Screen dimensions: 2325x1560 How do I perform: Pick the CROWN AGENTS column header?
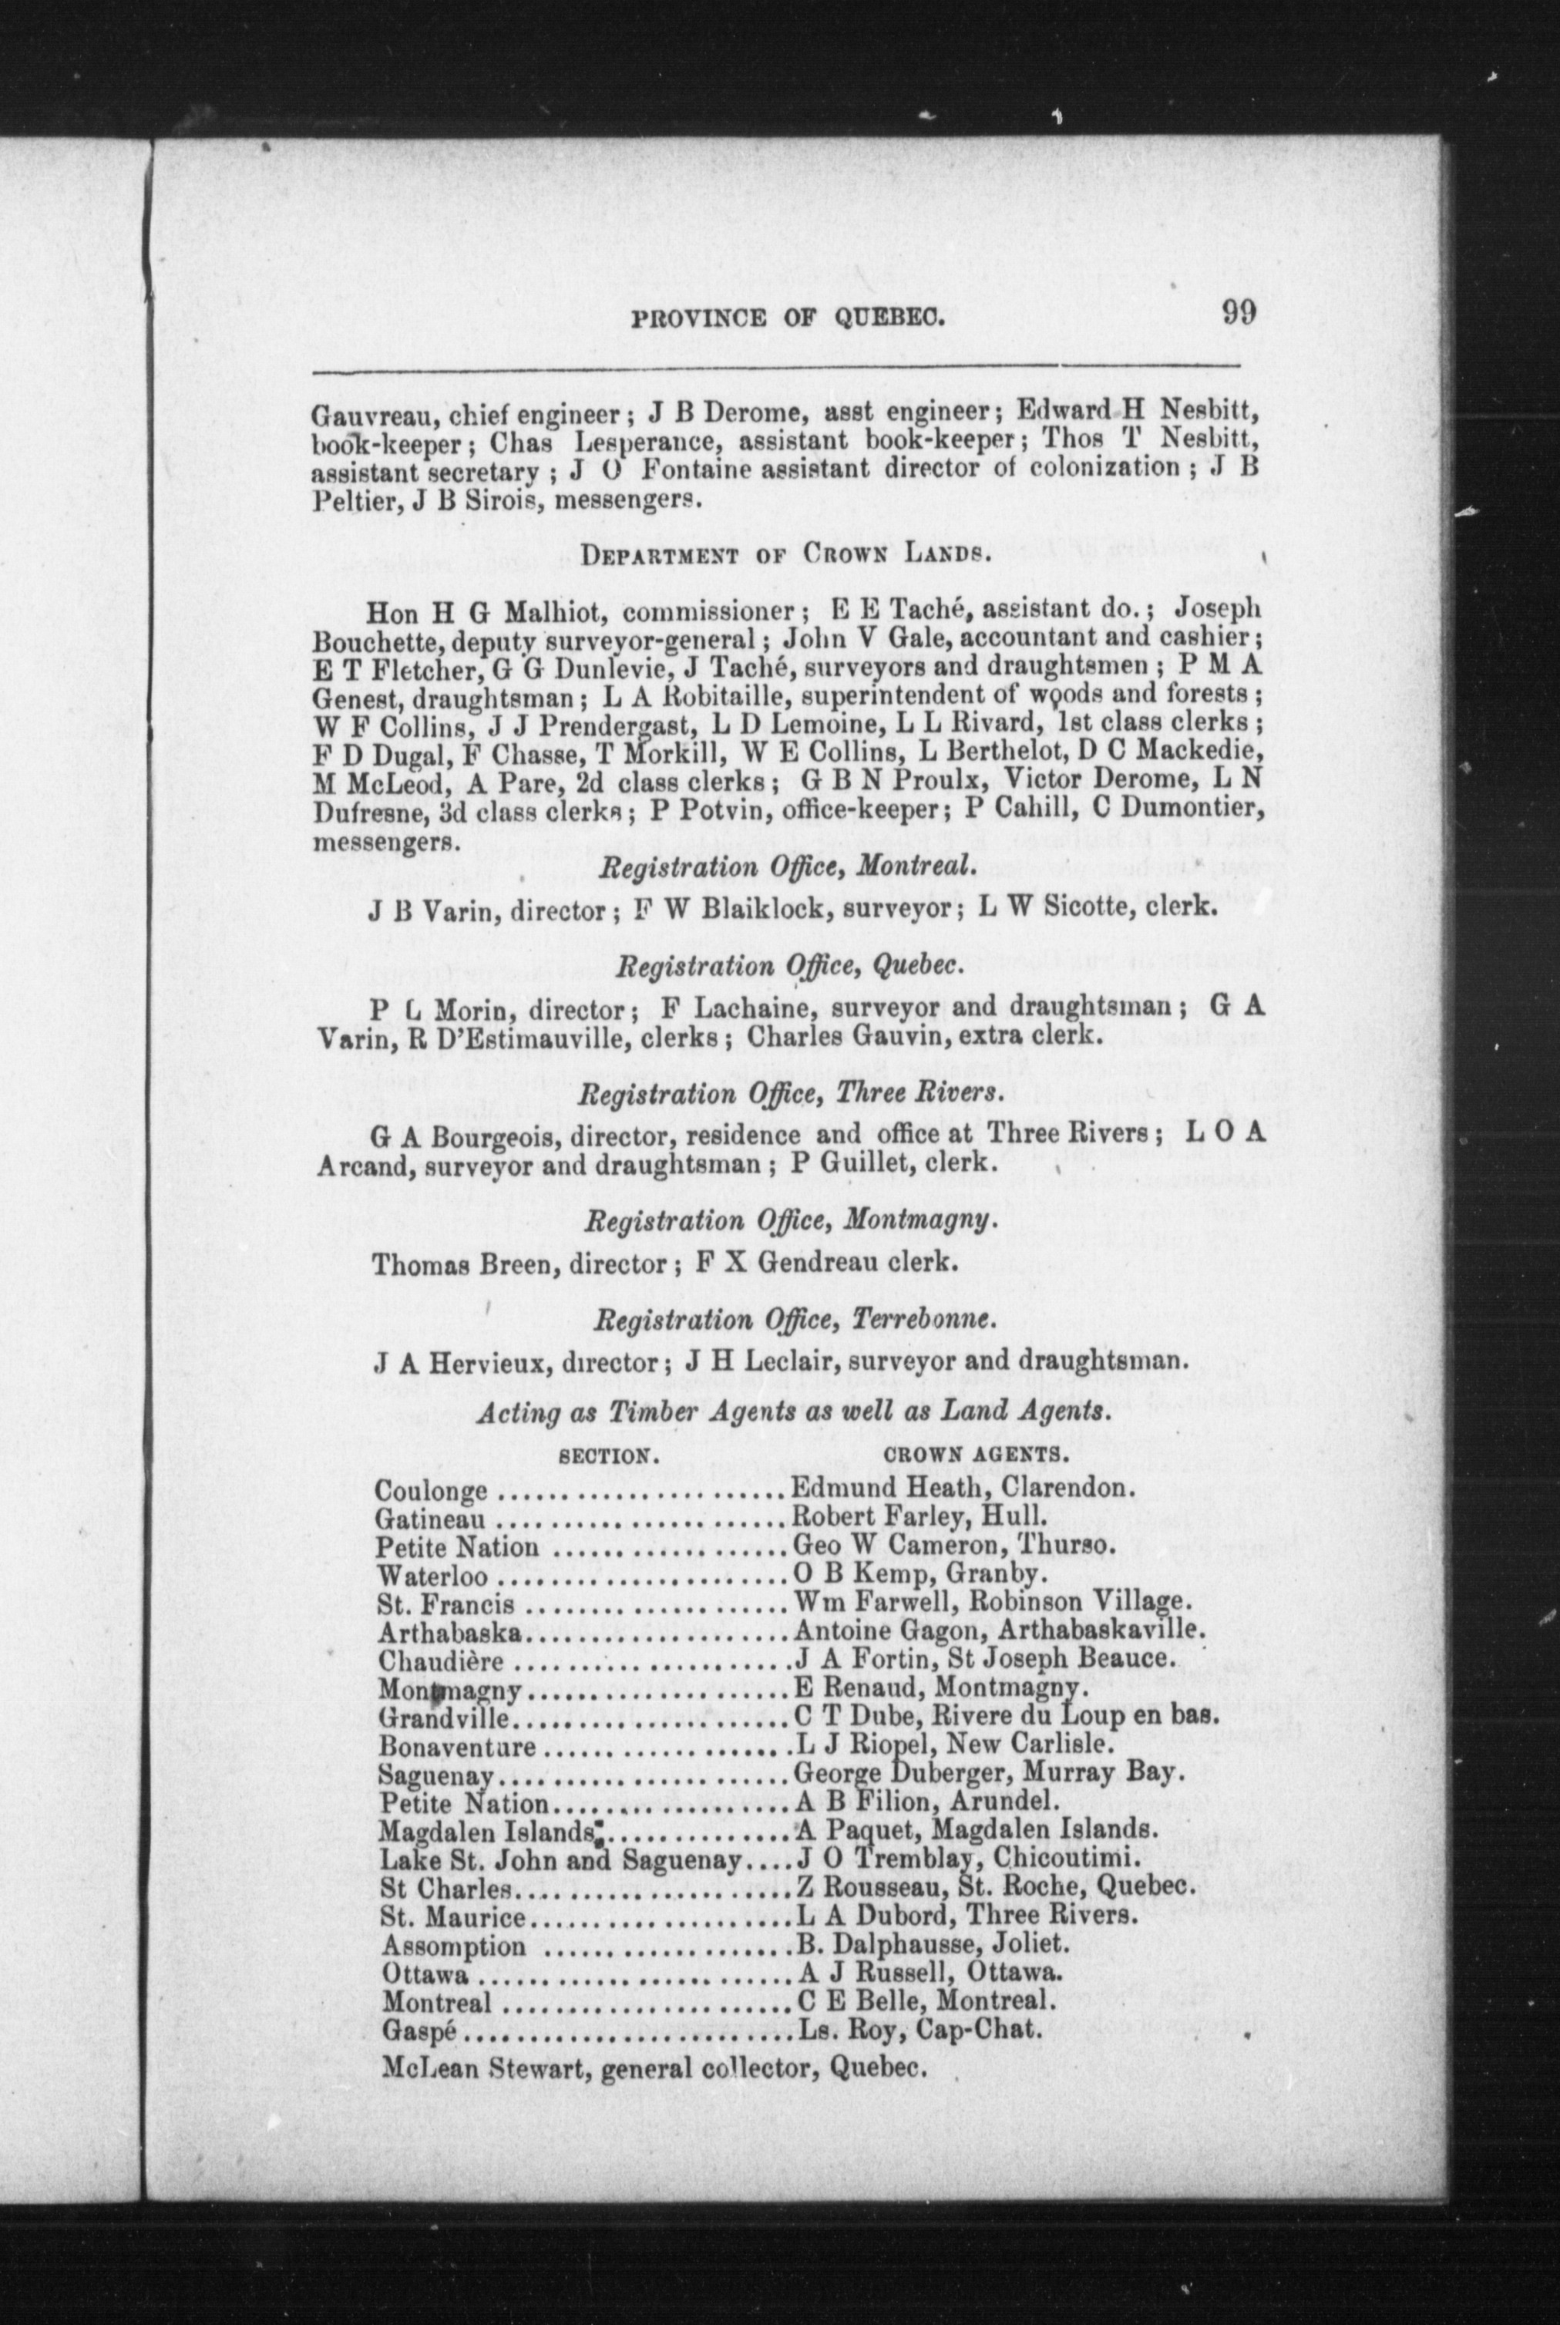976,1455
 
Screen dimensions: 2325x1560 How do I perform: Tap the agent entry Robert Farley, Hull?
916,1518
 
